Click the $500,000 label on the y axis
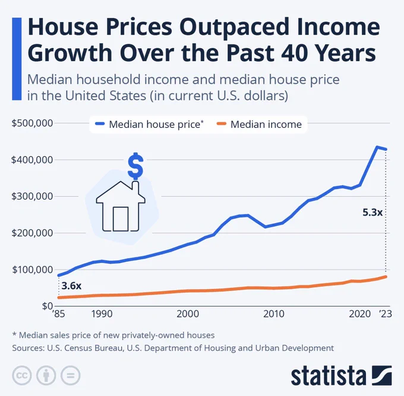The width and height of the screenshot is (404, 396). (32, 123)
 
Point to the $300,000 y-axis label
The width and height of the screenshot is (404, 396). (32, 196)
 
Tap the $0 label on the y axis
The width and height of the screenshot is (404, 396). (48, 306)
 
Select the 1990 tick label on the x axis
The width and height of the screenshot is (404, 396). (102, 314)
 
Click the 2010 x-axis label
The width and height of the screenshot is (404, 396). (274, 314)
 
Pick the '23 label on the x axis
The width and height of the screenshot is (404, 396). (386, 314)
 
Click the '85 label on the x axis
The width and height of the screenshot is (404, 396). (58, 314)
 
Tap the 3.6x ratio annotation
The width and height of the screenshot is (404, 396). (71, 286)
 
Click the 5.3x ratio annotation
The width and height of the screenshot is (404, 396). (373, 212)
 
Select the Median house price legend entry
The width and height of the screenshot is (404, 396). (150, 124)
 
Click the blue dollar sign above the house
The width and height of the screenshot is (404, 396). (135, 166)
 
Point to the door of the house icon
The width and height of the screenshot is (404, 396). (121, 219)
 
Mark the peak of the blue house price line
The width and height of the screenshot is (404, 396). (377, 147)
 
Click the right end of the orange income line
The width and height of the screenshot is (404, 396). (386, 276)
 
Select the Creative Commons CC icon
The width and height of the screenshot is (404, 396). (22, 375)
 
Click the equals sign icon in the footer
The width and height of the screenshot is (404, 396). (70, 375)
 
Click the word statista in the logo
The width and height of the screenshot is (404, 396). (329, 376)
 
